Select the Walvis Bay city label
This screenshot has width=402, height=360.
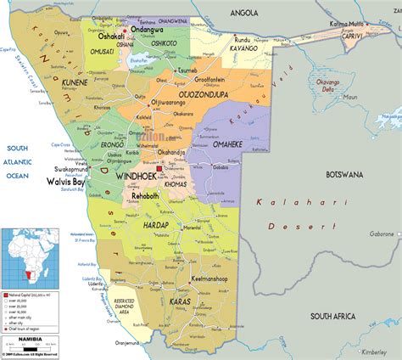[66, 181]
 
